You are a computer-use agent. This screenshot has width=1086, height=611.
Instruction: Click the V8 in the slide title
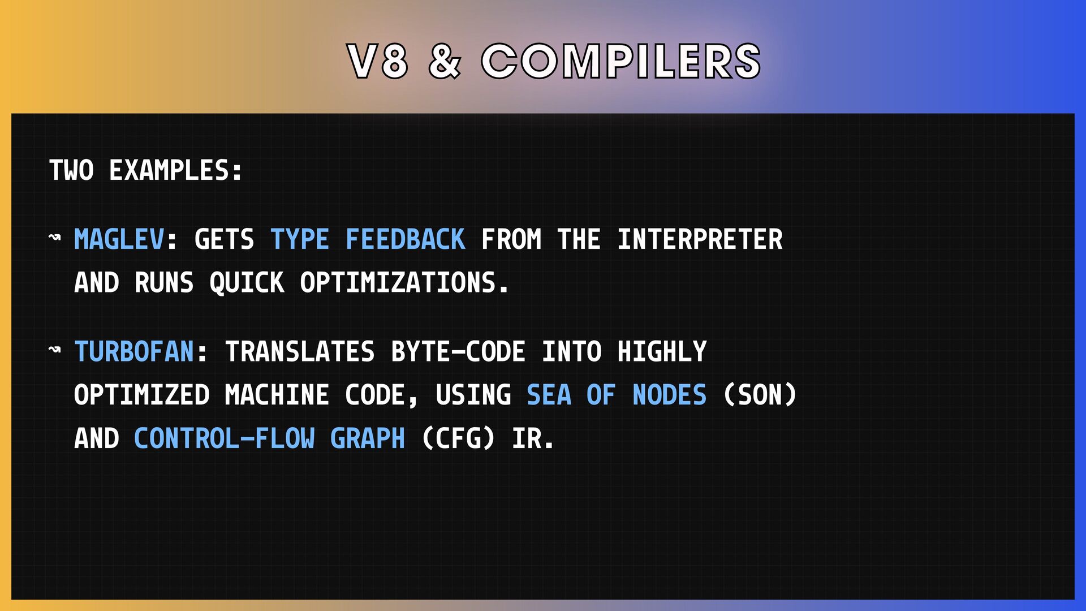(x=377, y=61)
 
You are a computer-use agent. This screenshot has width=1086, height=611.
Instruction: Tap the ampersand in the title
(x=445, y=61)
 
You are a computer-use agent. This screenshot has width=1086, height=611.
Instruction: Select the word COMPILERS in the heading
(x=621, y=61)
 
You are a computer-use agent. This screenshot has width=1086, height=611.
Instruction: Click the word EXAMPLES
(x=176, y=170)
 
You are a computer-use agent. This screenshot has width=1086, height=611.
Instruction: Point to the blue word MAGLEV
(x=119, y=239)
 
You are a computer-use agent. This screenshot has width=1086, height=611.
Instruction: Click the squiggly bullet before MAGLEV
(x=55, y=237)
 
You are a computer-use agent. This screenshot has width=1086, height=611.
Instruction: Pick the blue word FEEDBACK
(x=406, y=239)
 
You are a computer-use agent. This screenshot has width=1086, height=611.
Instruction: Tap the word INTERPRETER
(x=700, y=239)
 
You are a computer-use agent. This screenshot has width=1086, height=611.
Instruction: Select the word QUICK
(x=247, y=283)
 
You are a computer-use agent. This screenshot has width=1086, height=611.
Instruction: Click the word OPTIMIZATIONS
(x=404, y=283)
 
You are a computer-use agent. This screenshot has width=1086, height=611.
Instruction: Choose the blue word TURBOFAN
(x=135, y=351)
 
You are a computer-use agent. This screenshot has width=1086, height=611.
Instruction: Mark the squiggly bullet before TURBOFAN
(x=55, y=350)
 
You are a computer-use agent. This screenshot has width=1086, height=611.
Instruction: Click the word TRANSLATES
(x=300, y=351)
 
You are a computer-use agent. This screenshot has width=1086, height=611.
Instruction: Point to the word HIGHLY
(x=662, y=351)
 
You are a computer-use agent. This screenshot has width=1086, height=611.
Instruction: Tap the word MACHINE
(x=277, y=395)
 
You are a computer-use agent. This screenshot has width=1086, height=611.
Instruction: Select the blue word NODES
(x=669, y=395)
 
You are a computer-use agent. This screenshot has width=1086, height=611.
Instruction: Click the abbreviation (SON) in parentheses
(x=760, y=395)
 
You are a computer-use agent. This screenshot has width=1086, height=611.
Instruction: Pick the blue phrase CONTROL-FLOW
(x=225, y=438)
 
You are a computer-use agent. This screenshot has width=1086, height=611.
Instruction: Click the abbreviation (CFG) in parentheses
(x=458, y=438)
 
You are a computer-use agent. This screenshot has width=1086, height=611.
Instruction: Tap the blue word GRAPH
(x=368, y=438)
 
